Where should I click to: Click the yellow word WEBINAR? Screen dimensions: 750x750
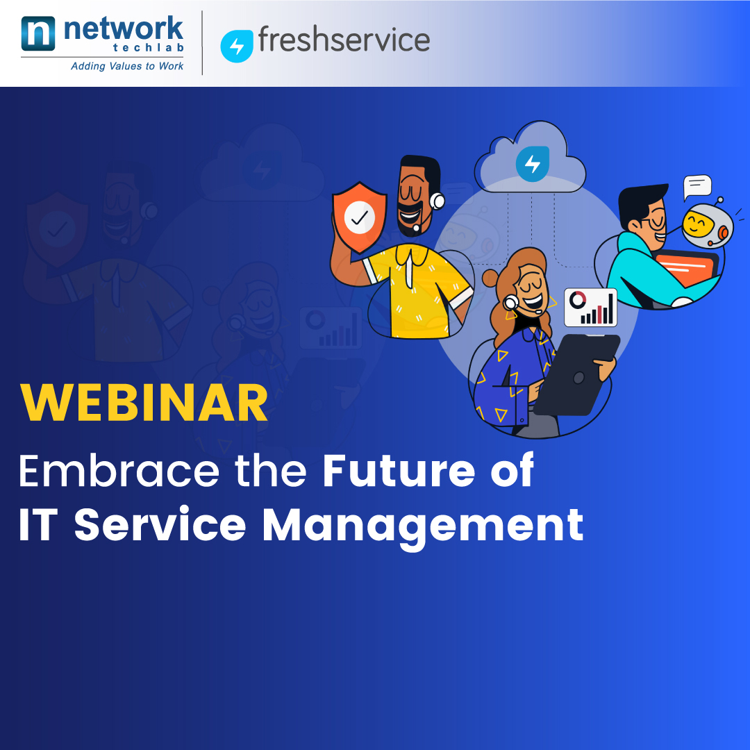click(144, 403)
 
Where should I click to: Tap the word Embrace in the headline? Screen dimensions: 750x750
click(119, 471)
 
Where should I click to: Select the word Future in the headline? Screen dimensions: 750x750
click(399, 471)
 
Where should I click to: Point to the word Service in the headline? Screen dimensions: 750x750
click(160, 525)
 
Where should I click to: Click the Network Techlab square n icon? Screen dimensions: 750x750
click(38, 33)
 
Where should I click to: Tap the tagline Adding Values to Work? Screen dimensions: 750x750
click(127, 66)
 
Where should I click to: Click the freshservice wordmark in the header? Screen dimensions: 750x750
click(344, 39)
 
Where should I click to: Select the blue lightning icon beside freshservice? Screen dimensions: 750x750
click(237, 46)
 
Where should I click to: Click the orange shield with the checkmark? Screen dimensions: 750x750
click(359, 217)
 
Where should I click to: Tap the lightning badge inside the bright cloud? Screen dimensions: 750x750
click(533, 164)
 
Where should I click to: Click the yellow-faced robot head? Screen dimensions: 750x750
click(706, 225)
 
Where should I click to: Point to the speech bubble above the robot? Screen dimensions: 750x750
click(697, 186)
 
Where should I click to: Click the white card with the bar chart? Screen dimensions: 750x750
click(591, 307)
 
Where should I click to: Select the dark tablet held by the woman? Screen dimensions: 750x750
click(576, 374)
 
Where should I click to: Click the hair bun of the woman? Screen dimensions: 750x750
click(491, 278)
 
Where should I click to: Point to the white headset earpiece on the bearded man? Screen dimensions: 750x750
click(437, 201)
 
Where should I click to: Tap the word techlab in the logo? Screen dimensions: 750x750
click(149, 47)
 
